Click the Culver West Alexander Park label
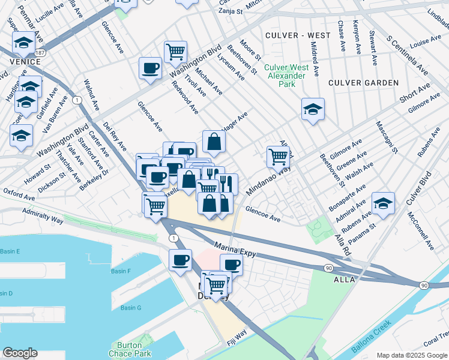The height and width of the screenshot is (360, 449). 287,76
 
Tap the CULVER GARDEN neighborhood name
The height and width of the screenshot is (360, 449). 363,82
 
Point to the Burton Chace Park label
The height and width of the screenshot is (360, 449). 126,349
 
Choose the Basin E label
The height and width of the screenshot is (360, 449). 10,251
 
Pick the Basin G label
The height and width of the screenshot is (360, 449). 130,308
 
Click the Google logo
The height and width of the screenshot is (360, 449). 20,353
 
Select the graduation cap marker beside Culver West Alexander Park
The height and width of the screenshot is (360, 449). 313,109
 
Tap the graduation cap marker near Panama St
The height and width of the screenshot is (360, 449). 383,202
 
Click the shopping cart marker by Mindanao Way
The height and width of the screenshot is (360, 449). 278,157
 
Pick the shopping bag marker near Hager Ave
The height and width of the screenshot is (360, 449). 214,142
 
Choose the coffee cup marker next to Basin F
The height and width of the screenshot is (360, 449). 180,260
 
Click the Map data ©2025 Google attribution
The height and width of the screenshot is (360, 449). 412,355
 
